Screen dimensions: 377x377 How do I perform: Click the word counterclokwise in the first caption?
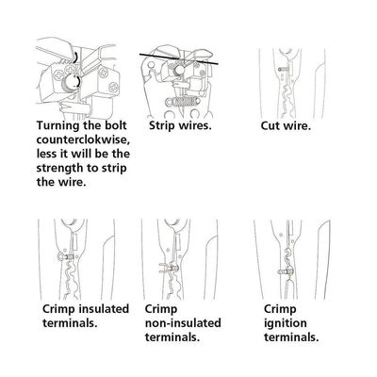(x=83, y=139)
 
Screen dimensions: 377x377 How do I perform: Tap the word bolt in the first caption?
(x=116, y=125)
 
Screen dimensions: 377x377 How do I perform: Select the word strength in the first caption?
(x=60, y=168)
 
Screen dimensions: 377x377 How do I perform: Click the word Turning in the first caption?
(x=57, y=125)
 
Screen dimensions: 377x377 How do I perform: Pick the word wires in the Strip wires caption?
(x=194, y=125)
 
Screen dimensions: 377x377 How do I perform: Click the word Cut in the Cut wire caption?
(x=270, y=126)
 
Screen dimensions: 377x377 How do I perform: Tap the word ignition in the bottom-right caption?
(x=286, y=323)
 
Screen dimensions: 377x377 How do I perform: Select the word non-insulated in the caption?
(x=183, y=323)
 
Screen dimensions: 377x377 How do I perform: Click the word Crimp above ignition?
(x=280, y=309)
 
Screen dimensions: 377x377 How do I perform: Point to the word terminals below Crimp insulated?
(x=70, y=323)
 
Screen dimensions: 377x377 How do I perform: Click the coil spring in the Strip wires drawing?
(x=181, y=102)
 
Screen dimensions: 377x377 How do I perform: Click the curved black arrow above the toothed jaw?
(x=75, y=57)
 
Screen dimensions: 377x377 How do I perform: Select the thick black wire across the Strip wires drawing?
(x=179, y=59)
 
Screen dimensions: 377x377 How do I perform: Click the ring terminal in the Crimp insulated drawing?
(x=65, y=256)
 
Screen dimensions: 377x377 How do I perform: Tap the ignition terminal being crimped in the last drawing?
(x=285, y=270)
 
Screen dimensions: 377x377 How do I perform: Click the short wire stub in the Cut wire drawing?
(x=284, y=68)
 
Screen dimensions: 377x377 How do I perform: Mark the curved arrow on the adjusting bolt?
(x=77, y=81)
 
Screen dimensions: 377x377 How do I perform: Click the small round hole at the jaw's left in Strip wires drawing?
(x=151, y=65)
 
